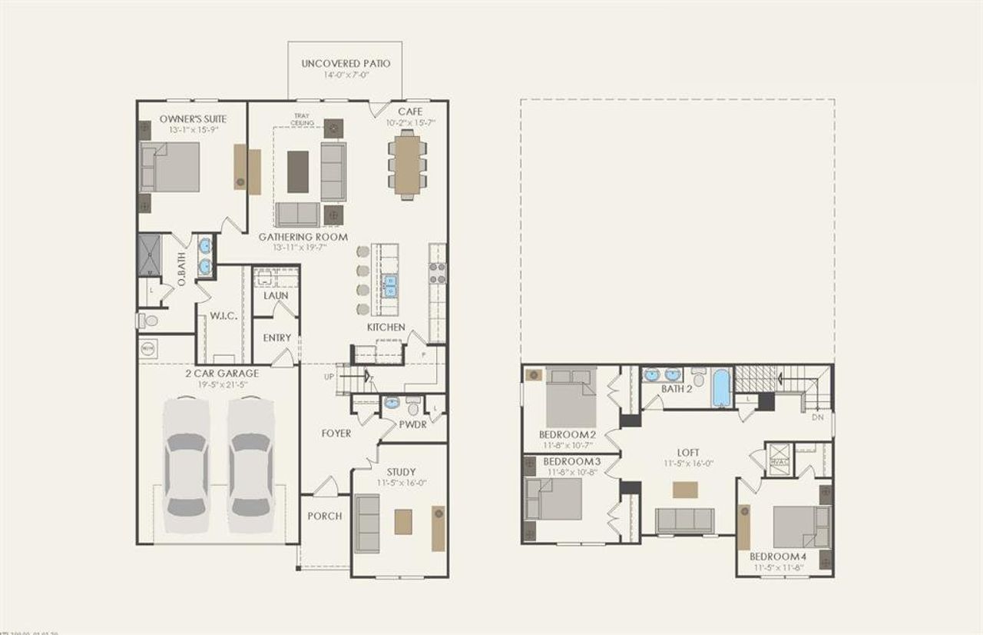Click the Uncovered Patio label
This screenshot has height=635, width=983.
pyautogui.click(x=346, y=63)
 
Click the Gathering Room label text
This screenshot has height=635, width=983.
pyautogui.click(x=303, y=237)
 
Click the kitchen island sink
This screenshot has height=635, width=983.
pyautogui.click(x=390, y=286)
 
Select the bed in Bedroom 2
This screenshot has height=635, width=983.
pyautogui.click(x=570, y=397)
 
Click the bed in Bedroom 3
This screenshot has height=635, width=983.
pyautogui.click(x=553, y=498)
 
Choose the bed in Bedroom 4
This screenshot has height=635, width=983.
pyautogui.click(x=800, y=527)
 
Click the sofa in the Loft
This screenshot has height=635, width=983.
pyautogui.click(x=684, y=520)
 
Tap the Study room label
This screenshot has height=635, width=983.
pyautogui.click(x=401, y=471)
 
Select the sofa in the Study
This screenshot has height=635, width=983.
pyautogui.click(x=368, y=524)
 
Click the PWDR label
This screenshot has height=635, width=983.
pyautogui.click(x=412, y=424)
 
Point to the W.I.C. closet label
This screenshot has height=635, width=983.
pyautogui.click(x=222, y=317)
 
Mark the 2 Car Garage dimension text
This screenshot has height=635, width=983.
pyautogui.click(x=221, y=385)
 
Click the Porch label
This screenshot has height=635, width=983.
pyautogui.click(x=325, y=515)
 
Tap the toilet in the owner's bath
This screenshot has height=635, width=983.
pyautogui.click(x=147, y=320)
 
